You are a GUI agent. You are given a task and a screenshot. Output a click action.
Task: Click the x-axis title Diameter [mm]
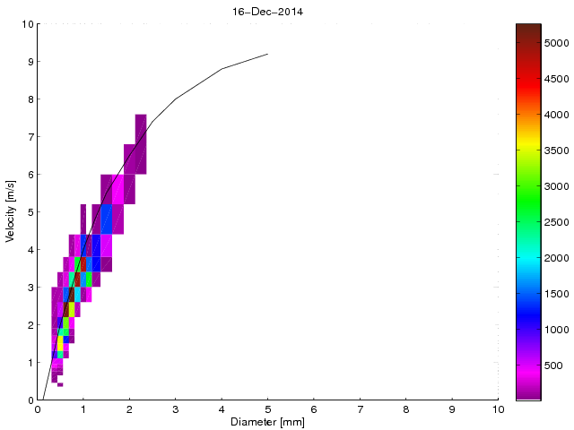tap(267, 422)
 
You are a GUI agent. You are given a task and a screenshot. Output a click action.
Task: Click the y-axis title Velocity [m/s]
tap(10, 212)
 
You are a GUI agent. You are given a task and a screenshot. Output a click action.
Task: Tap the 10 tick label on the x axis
tap(498, 408)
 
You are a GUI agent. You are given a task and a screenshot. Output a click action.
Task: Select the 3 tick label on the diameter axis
tap(175, 408)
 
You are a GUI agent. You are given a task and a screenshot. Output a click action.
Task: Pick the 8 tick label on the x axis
tap(405, 408)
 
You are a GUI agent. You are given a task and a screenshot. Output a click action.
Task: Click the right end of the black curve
tap(267, 54)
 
